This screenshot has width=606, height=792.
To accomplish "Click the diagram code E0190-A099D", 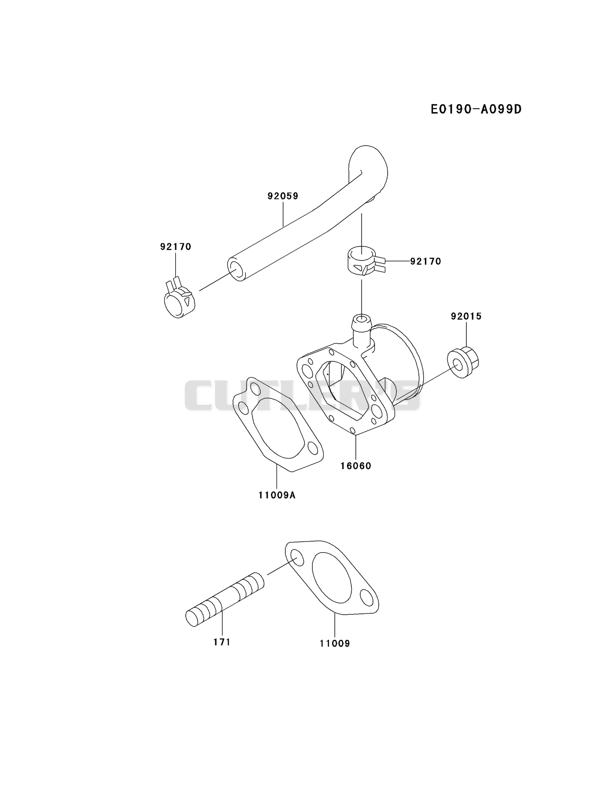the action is click(x=476, y=109).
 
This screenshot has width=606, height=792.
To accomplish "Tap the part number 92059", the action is click(x=283, y=196).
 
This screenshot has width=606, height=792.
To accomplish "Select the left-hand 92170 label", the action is click(x=176, y=247).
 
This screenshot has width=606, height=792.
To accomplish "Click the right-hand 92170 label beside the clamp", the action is click(x=425, y=261).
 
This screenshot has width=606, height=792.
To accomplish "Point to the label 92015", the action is click(x=466, y=316).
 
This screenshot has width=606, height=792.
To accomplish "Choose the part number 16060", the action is click(x=356, y=466).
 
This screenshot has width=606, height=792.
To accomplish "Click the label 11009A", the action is click(x=277, y=495).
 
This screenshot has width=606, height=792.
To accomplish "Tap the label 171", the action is click(x=222, y=642).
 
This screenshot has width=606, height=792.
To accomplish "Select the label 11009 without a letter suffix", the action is click(x=335, y=643).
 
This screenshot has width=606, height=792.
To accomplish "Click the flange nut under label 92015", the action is click(x=463, y=363).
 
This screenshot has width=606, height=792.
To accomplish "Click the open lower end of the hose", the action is click(x=236, y=269).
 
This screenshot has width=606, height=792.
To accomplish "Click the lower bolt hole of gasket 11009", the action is click(x=366, y=597).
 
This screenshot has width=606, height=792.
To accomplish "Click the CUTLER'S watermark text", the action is click(x=303, y=396).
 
